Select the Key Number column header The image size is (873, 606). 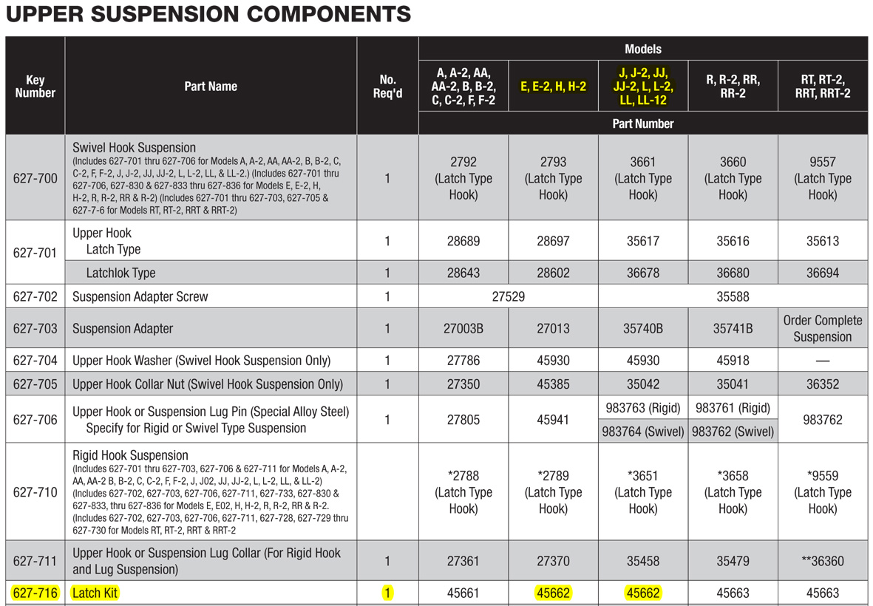pyautogui.click(x=35, y=86)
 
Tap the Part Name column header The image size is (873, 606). pyautogui.click(x=211, y=86)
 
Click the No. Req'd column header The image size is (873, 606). pyautogui.click(x=387, y=86)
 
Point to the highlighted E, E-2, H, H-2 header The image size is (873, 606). pyautogui.click(x=553, y=86)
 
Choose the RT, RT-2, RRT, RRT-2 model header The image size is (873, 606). pyautogui.click(x=822, y=86)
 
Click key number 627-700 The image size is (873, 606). pyautogui.click(x=35, y=179)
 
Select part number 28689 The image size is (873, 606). pyautogui.click(x=463, y=241)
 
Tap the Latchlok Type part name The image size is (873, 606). pyautogui.click(x=120, y=273)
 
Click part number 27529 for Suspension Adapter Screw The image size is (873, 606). pyautogui.click(x=509, y=296)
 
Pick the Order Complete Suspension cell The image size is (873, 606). pyautogui.click(x=822, y=328)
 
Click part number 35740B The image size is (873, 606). pyautogui.click(x=643, y=328)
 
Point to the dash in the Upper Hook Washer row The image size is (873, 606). pyautogui.click(x=822, y=361)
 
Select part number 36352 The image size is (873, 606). pyautogui.click(x=822, y=384)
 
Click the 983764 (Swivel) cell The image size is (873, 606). pyautogui.click(x=643, y=432)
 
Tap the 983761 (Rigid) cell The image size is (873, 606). pyautogui.click(x=733, y=408)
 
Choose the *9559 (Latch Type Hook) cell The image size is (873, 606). pyautogui.click(x=822, y=492)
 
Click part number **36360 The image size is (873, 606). pyautogui.click(x=822, y=561)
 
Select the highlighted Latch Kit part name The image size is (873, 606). pyautogui.click(x=95, y=593)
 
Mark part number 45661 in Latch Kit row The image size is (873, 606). pyautogui.click(x=463, y=593)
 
